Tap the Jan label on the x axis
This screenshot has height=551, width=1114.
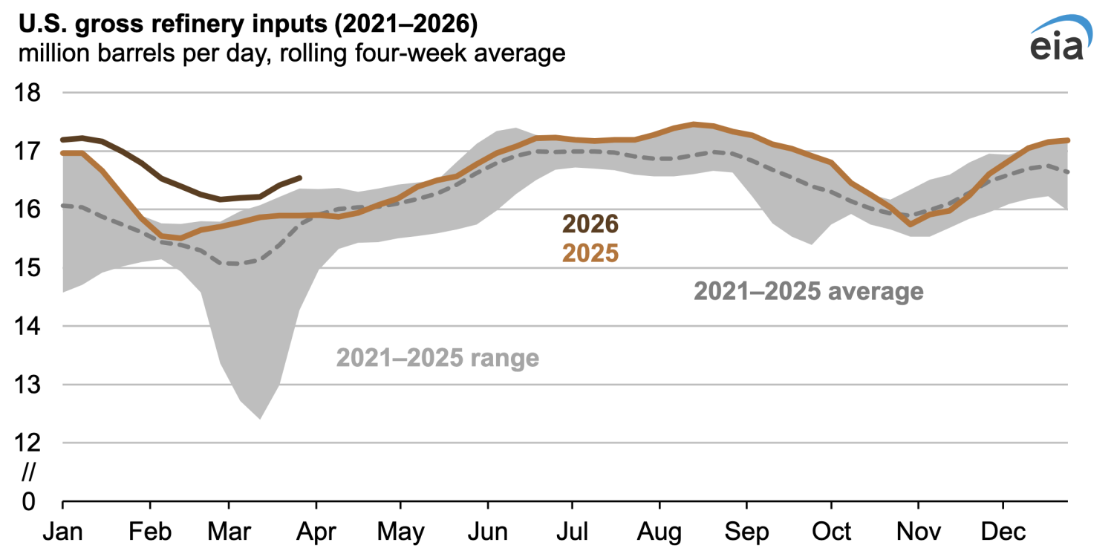click(x=62, y=532)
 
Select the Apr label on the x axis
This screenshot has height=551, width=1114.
click(x=316, y=532)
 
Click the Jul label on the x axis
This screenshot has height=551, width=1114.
click(x=572, y=532)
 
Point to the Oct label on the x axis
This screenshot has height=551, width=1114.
click(x=830, y=532)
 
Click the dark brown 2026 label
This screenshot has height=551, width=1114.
click(x=590, y=223)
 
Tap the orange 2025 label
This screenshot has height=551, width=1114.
click(x=590, y=253)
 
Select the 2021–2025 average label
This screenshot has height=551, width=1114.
click(x=809, y=291)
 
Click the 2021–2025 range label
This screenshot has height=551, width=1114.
click(x=437, y=358)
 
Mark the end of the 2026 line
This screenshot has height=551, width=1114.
click(x=299, y=177)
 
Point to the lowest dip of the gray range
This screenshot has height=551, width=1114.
click(x=260, y=418)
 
